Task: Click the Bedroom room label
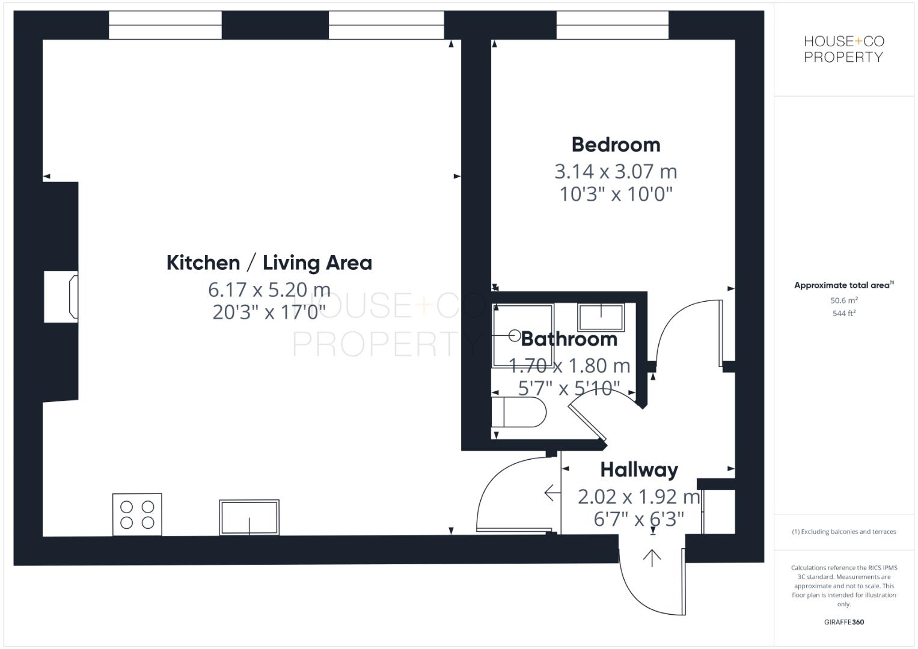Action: click(x=616, y=145)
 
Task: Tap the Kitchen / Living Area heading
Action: click(x=269, y=263)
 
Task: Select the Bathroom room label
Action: click(x=569, y=339)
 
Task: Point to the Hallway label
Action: click(x=638, y=469)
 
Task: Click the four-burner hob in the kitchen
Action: click(x=137, y=514)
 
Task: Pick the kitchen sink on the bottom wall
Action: click(x=249, y=517)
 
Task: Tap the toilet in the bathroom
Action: click(x=518, y=412)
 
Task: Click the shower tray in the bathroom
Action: click(x=522, y=336)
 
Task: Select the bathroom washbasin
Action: click(x=601, y=317)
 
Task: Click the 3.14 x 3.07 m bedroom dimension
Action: click(x=616, y=172)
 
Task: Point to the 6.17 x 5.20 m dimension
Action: click(x=269, y=290)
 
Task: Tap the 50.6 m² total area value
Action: click(x=843, y=300)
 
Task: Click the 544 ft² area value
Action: click(x=843, y=313)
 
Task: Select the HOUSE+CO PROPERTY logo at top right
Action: click(x=843, y=49)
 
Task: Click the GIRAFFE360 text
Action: click(x=843, y=622)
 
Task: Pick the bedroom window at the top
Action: click(x=612, y=25)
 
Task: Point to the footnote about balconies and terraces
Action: click(x=843, y=532)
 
